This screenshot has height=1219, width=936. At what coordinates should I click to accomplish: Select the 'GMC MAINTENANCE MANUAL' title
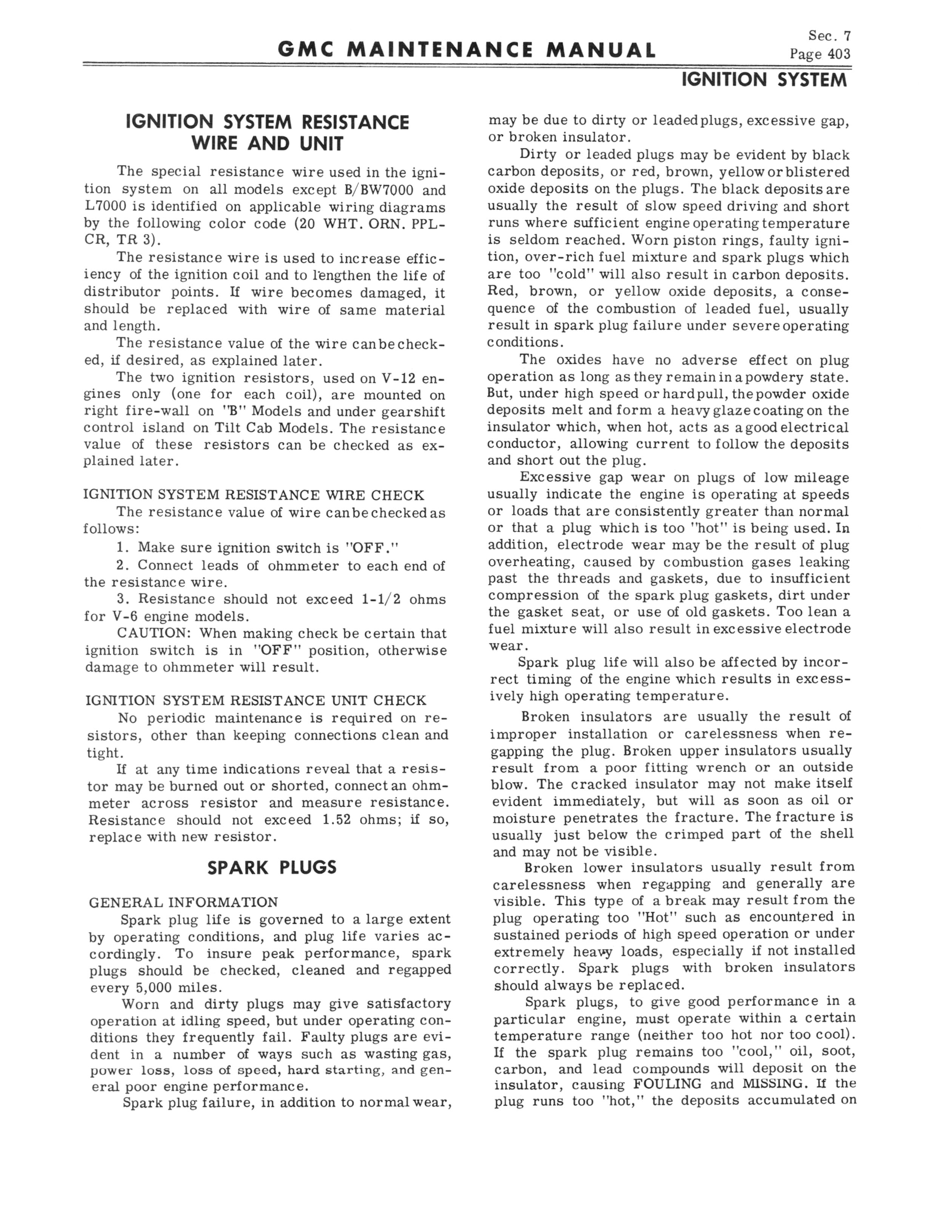click(466, 51)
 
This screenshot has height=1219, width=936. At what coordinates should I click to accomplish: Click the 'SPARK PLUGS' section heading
click(272, 868)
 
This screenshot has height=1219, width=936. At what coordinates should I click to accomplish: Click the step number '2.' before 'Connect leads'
click(123, 566)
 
